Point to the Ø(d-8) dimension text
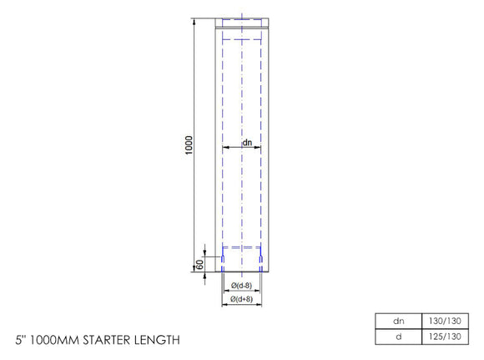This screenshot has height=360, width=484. click(x=241, y=284)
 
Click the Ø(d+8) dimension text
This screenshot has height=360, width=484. click(x=241, y=298)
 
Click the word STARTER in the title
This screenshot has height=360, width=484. click(x=103, y=341)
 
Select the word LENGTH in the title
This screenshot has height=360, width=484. click(x=154, y=341)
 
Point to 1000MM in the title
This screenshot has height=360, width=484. click(x=53, y=341)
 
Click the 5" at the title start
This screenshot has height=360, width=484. click(x=21, y=341)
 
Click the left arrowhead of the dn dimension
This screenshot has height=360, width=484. click(x=224, y=149)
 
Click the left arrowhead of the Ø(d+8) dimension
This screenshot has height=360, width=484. click(x=222, y=304)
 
